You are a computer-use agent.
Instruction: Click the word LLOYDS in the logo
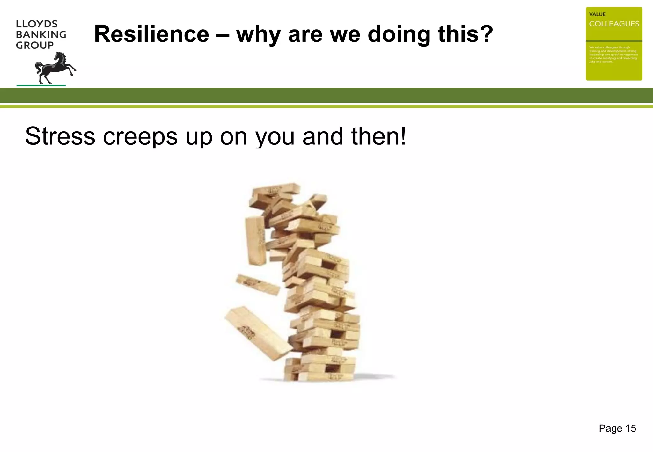tap(37, 24)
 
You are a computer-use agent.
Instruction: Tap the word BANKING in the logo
tap(41, 34)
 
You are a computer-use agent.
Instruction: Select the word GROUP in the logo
tap(35, 45)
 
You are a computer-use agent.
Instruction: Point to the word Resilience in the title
tap(151, 34)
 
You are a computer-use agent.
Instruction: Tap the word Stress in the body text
tap(60, 136)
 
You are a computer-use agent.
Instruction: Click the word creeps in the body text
tap(140, 136)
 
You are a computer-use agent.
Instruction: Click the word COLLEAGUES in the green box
tap(614, 24)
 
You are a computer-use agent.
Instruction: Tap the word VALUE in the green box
tap(597, 14)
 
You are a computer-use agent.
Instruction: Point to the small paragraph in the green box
tap(613, 55)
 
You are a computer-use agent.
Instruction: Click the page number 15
tap(630, 428)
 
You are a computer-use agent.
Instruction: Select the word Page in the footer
tap(610, 428)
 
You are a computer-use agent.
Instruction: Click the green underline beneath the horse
tap(41, 85)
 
